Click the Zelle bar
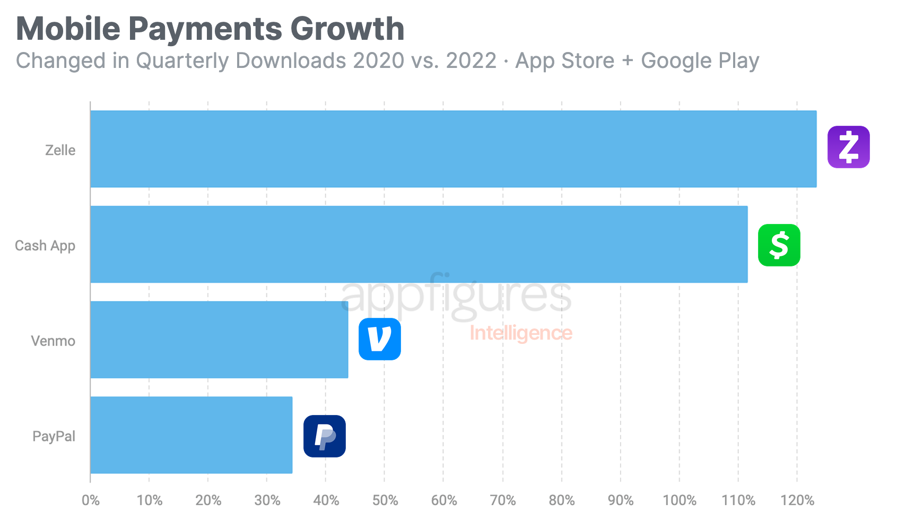coord(453,149)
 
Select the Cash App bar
coord(419,244)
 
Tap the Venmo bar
coord(219,340)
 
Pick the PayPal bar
coord(191,435)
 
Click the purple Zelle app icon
coord(848,147)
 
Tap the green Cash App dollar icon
coord(779,245)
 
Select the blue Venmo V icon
coord(379,339)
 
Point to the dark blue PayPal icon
coord(324,436)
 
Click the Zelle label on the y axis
coord(60,150)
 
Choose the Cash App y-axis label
coord(45,246)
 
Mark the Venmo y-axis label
coord(53,341)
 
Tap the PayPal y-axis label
coord(54,436)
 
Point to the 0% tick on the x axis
coord(91,500)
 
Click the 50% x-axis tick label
coord(385,500)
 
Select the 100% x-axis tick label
coord(679,500)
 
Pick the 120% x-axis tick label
coord(797,500)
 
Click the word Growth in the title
coord(347,29)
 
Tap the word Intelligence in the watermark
coord(520,333)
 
